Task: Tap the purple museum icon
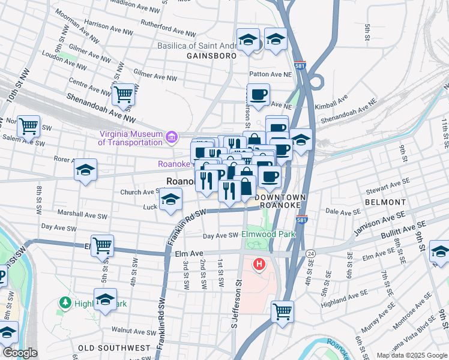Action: tap(172, 138)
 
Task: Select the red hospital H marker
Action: tap(259, 264)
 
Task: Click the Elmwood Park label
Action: tap(269, 233)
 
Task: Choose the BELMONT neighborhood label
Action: tap(381, 203)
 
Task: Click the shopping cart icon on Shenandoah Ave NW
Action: tap(123, 94)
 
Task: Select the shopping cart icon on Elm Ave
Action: tap(103, 245)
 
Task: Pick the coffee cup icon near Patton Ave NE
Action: tap(258, 94)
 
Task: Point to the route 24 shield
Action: tap(310, 254)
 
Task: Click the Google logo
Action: tap(19, 353)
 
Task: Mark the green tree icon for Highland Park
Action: tap(65, 303)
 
